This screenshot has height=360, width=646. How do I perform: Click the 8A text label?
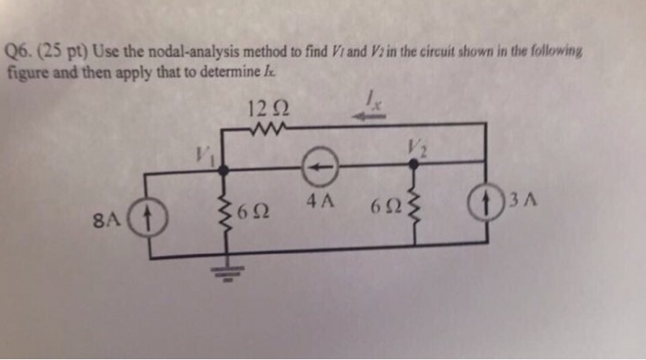(108, 220)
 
